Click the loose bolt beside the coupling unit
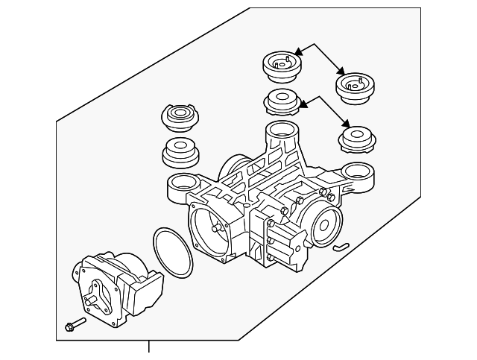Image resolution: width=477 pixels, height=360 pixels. pos(75,325)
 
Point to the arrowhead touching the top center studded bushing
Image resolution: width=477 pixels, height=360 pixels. pos(299,52)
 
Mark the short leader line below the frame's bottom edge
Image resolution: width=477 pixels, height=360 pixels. pos(148,348)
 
